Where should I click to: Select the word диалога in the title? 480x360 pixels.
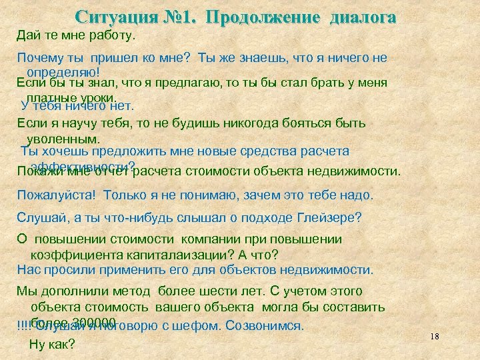point(359,17)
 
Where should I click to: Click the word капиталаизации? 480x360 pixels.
point(170,255)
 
